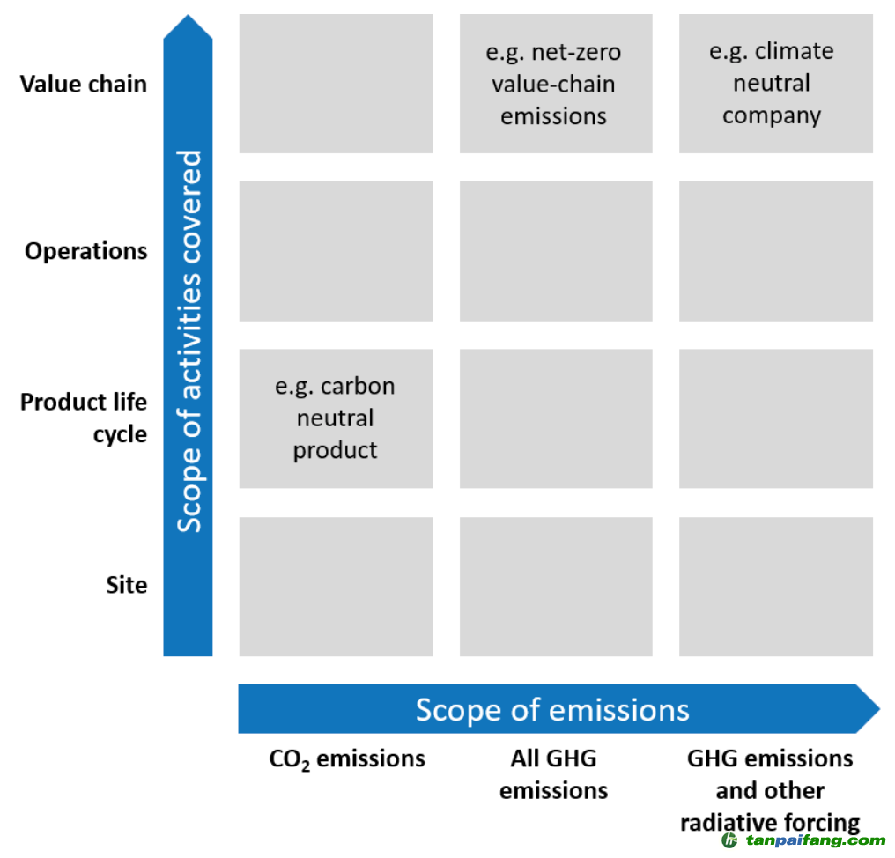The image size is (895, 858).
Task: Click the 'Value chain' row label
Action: click(x=84, y=84)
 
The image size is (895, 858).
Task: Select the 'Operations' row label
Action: click(x=85, y=251)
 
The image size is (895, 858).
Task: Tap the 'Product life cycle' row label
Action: click(x=84, y=418)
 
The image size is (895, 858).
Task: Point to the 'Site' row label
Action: click(x=126, y=585)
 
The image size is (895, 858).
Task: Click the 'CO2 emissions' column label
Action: click(x=347, y=759)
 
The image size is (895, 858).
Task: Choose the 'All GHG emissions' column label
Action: click(x=554, y=774)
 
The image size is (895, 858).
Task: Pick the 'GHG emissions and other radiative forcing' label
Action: click(x=770, y=791)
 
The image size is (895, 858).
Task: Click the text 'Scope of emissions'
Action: click(x=552, y=710)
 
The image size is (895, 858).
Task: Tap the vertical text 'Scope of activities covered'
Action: click(x=189, y=342)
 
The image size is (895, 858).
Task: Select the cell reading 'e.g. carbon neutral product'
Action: click(x=336, y=418)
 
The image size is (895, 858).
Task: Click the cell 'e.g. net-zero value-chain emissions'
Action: click(x=556, y=84)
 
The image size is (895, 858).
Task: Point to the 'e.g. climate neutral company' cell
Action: click(x=776, y=84)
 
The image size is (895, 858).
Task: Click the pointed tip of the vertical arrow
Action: click(x=188, y=15)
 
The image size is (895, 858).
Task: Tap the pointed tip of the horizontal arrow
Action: click(x=879, y=709)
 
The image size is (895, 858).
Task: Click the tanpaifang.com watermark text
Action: click(x=816, y=840)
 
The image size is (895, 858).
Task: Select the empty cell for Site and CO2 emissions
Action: click(x=336, y=587)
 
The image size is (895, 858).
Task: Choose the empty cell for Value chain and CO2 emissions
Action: click(x=336, y=84)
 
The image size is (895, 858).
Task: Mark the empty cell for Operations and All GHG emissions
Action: click(x=556, y=251)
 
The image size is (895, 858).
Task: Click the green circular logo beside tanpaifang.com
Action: click(x=729, y=840)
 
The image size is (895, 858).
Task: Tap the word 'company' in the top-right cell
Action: click(x=772, y=116)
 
